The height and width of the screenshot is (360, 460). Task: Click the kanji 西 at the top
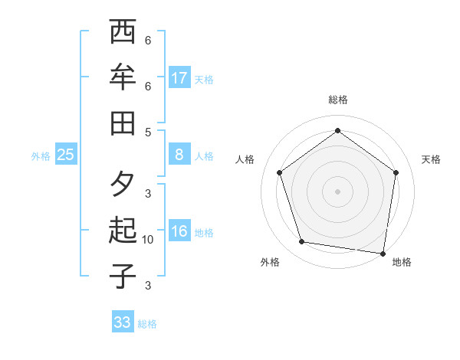point(123,33)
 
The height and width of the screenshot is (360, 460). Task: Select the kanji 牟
point(123,78)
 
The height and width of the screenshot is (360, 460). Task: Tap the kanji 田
point(123,123)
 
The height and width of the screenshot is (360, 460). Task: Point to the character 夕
point(123,185)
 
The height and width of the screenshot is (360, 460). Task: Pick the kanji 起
point(123,231)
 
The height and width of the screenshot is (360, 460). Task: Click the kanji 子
point(123,276)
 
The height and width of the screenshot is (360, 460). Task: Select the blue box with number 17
point(179,78)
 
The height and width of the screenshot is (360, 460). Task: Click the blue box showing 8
point(179,155)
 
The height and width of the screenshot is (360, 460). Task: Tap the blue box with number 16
point(179,231)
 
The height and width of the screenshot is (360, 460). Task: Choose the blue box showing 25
point(66,155)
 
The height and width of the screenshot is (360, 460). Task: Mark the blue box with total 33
point(123,322)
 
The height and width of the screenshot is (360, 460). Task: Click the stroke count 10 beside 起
point(148,240)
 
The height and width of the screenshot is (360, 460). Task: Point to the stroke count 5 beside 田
point(148,132)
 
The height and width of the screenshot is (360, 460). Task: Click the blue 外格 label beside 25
point(41,155)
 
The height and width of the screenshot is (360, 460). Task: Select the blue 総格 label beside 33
point(147,323)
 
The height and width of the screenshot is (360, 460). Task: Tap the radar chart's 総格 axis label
point(337,100)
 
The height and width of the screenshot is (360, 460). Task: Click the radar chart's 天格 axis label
point(431,159)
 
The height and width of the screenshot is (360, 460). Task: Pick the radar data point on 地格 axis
point(383,253)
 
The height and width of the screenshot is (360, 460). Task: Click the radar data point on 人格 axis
point(279,172)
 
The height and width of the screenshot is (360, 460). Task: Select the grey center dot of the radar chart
point(337,191)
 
